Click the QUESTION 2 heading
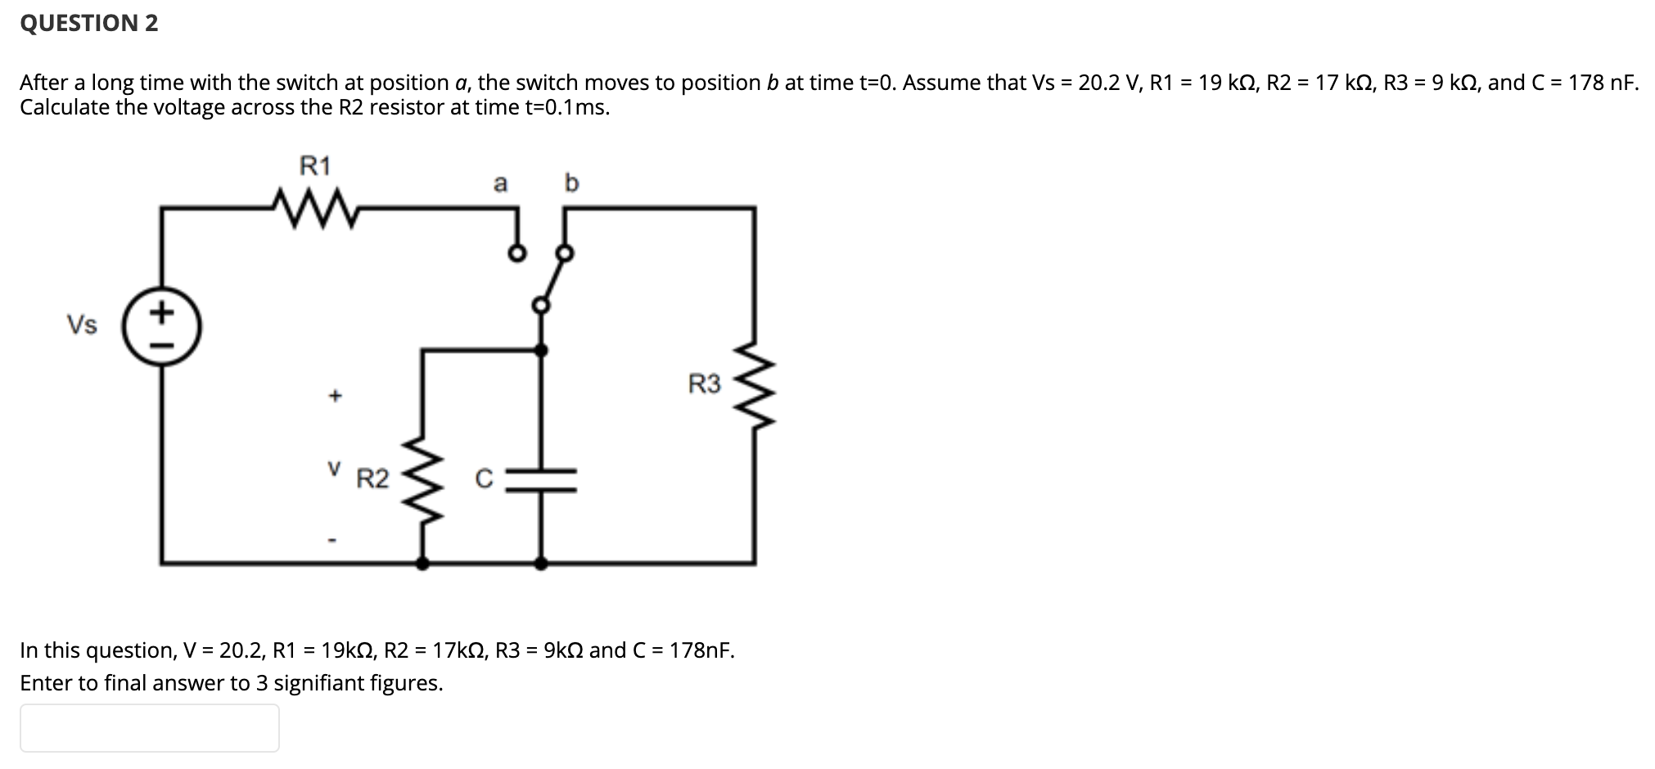[x=89, y=23]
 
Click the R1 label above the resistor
[x=315, y=166]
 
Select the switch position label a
[x=500, y=183]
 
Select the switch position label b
[x=571, y=182]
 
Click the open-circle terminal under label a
[x=516, y=254]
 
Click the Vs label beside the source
[x=82, y=326]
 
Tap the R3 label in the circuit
[x=704, y=384]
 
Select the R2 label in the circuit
[x=372, y=479]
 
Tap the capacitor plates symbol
[x=541, y=480]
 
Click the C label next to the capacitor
[x=484, y=479]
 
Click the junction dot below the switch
[x=541, y=350]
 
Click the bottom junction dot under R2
[x=422, y=563]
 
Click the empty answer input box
[x=150, y=727]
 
